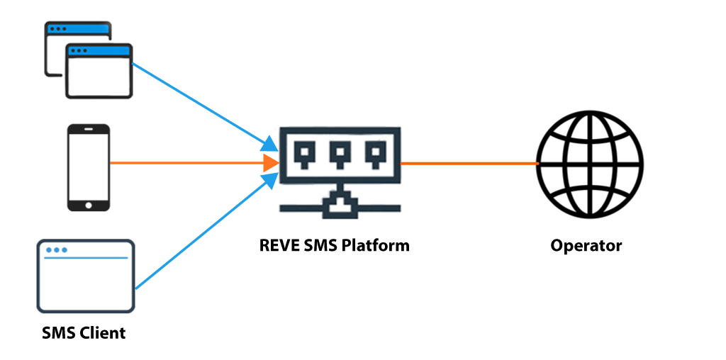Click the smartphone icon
pyautogui.click(x=89, y=167)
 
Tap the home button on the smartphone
pyautogui.click(x=89, y=205)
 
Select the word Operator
pyautogui.click(x=586, y=246)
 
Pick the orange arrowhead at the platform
pyautogui.click(x=270, y=163)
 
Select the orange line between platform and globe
pyautogui.click(x=468, y=164)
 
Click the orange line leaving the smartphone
pyautogui.click(x=184, y=163)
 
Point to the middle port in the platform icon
pyautogui.click(x=340, y=152)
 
